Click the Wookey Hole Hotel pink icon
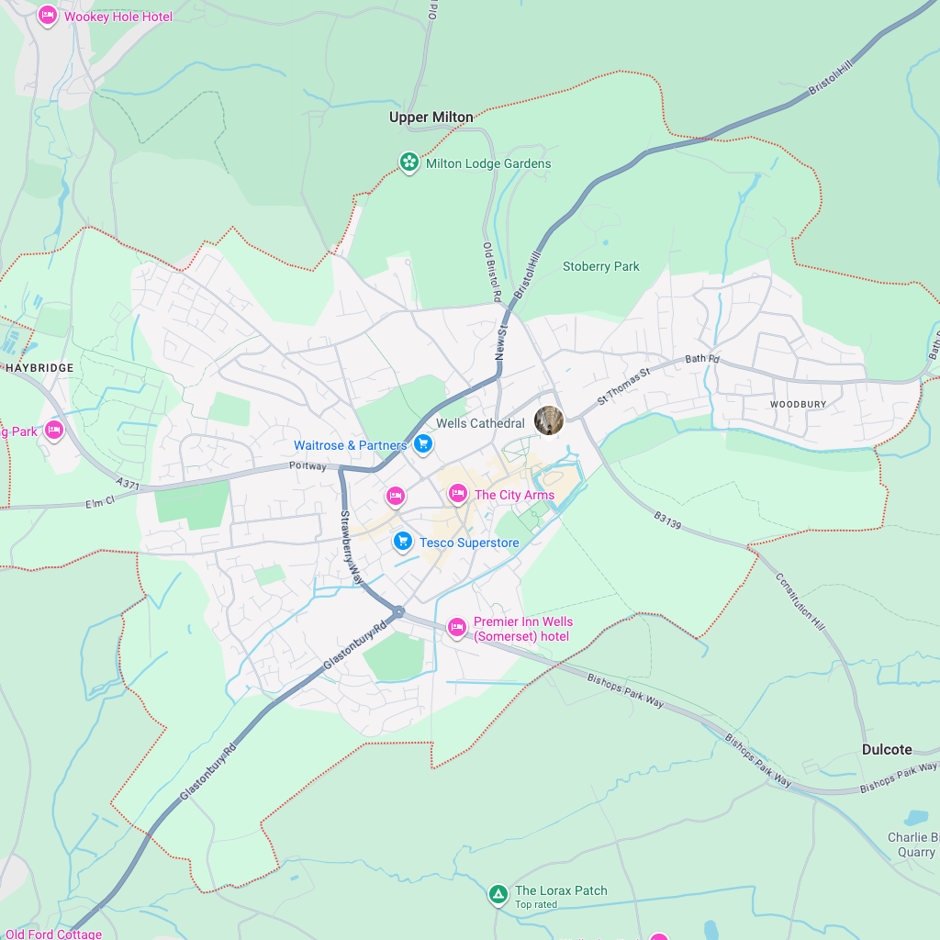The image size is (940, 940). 48,16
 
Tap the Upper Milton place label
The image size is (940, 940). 431,117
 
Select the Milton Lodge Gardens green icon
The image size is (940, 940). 408,163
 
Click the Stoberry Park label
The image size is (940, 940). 600,266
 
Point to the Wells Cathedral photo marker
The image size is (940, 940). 549,420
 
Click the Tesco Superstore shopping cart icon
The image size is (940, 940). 402,542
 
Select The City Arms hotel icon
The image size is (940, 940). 457,495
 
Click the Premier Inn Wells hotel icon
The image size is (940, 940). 456,628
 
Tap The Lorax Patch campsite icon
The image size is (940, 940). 498,893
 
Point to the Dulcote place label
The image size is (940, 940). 887,749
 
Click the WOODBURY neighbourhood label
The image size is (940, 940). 798,404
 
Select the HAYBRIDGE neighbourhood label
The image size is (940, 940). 39,367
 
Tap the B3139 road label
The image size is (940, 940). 667,521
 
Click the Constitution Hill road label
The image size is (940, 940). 800,602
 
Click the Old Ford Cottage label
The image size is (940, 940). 53,934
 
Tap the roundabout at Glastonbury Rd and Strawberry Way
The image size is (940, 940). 398,611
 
